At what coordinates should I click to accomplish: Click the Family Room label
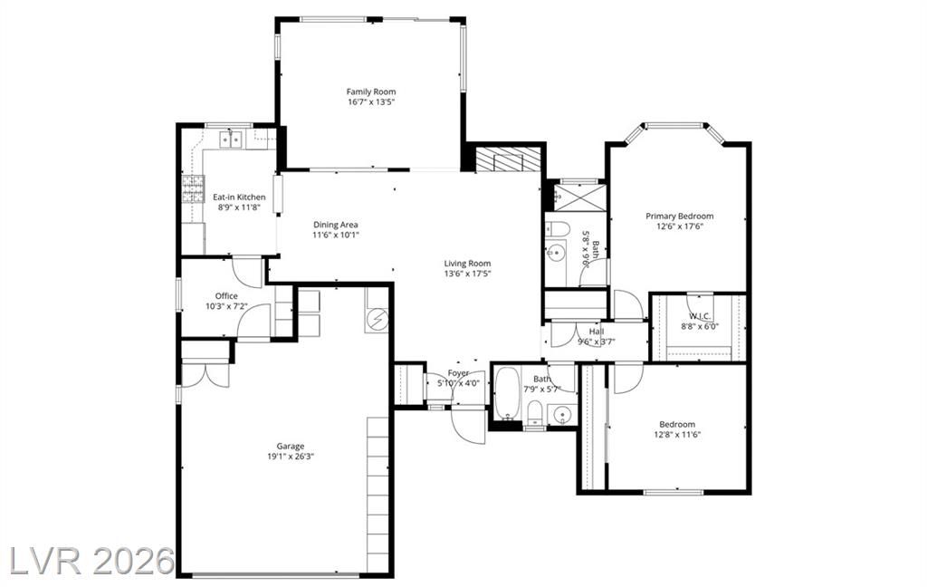coord(370,91)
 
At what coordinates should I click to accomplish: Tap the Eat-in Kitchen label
coord(239,197)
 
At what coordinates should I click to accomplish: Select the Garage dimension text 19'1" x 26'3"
coord(291,457)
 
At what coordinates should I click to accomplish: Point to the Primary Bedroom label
coord(679,216)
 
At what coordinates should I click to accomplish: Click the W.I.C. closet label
coord(700,316)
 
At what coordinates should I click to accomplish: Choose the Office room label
coord(226,296)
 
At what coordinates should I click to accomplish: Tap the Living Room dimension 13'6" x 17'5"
coord(468,274)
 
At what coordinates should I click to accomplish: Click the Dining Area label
coord(335,225)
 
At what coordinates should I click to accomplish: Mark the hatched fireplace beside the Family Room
coord(509,159)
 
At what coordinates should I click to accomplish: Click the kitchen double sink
coord(231,140)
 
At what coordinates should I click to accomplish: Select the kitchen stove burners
coord(193,189)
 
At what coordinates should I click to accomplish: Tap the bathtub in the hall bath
coord(507,393)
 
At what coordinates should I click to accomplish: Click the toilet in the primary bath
coord(557,228)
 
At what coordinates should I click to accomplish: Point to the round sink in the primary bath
coord(556,254)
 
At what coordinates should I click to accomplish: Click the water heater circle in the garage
coord(376,320)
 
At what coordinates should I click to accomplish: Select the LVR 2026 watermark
coord(92,560)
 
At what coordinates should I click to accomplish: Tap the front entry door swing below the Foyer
coord(469,424)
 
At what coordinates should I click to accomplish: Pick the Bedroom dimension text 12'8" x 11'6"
coord(677,434)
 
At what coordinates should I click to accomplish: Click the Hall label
coord(597,332)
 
